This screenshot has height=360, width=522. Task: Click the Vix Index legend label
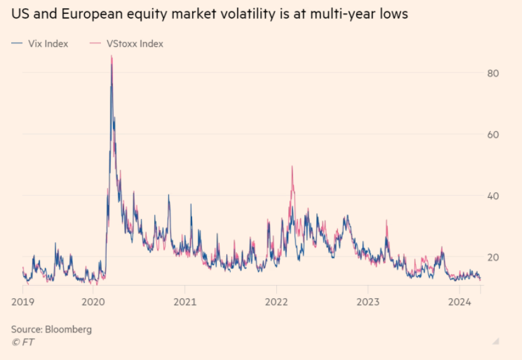47,44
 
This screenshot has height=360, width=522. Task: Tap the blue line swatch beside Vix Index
17,44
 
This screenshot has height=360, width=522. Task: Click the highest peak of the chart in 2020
112,57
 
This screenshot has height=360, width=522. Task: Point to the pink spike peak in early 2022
292,167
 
